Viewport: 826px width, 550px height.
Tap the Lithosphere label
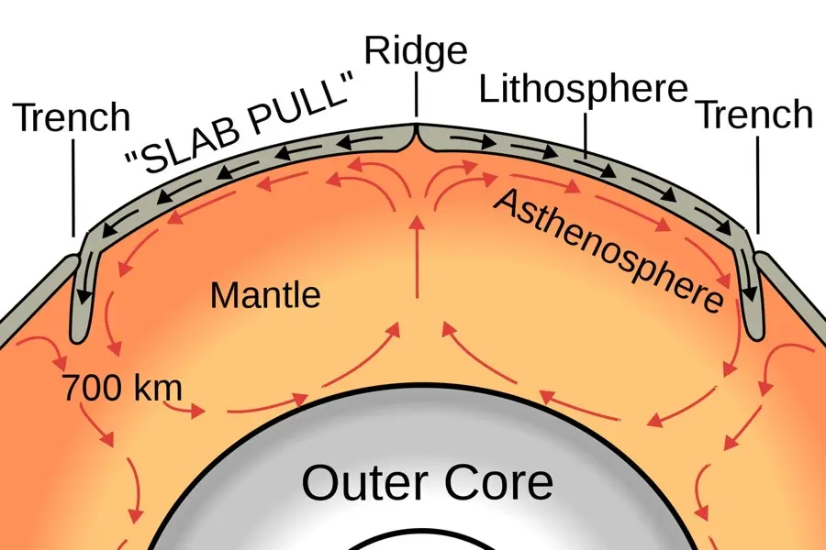[583, 90]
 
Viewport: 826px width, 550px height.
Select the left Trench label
[72, 117]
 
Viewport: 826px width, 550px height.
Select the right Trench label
[754, 115]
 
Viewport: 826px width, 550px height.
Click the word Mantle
[265, 295]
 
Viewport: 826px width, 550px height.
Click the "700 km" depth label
[121, 388]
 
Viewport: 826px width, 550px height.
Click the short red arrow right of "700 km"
[198, 412]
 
